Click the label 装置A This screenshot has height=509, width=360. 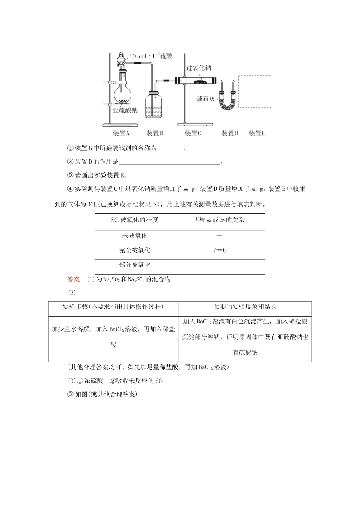pyautogui.click(x=121, y=133)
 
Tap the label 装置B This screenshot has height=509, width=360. pyautogui.click(x=155, y=133)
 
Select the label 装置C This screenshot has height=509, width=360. pyautogui.click(x=193, y=133)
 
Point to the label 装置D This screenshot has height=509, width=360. pyautogui.click(x=230, y=133)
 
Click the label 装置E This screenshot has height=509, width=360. pyautogui.click(x=257, y=133)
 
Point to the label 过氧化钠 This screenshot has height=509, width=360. pyautogui.click(x=199, y=68)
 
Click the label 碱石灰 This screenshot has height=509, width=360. pyautogui.click(x=206, y=99)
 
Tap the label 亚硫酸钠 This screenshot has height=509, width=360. pyautogui.click(x=125, y=111)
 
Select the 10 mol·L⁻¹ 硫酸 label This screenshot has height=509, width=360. pyautogui.click(x=151, y=56)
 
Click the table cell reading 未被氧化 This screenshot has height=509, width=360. pyautogui.click(x=135, y=236)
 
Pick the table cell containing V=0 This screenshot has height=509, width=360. pyautogui.click(x=219, y=250)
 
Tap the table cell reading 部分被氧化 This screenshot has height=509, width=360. pyautogui.click(x=135, y=265)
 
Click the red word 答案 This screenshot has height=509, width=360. pyautogui.click(x=74, y=279)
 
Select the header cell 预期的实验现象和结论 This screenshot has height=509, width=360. pyautogui.click(x=245, y=307)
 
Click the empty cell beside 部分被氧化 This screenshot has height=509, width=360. pyautogui.click(x=219, y=267)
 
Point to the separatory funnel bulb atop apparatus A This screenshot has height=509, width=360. pyautogui.click(x=121, y=59)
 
